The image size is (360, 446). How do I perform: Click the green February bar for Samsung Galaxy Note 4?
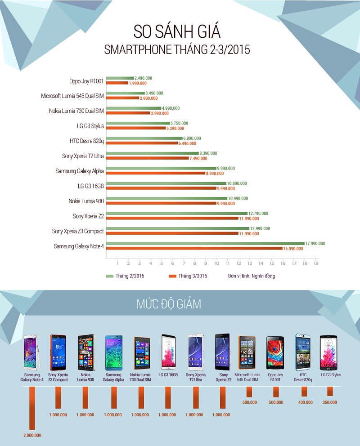point(205,244)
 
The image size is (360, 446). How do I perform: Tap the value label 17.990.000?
point(315,244)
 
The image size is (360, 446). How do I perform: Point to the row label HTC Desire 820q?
point(87,141)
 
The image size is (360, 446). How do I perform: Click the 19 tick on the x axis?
point(316,263)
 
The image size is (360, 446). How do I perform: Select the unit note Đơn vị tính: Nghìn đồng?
point(251,276)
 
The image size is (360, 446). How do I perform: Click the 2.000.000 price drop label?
point(31,435)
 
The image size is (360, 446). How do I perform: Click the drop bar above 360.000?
point(330,391)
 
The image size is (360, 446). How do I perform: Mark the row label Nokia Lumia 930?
point(86,201)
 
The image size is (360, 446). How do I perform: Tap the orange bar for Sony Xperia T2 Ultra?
point(148,158)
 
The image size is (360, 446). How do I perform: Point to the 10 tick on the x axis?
point(217,263)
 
